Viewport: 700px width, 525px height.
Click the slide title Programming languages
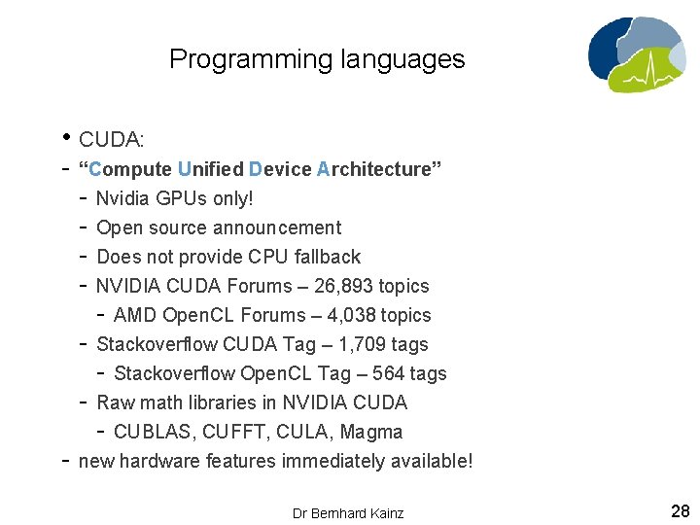[x=317, y=59]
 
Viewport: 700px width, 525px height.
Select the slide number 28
[x=680, y=510]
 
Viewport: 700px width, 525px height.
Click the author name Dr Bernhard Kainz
[x=348, y=512]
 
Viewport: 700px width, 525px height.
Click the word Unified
[x=211, y=169]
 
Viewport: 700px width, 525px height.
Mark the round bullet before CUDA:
[x=66, y=137]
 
